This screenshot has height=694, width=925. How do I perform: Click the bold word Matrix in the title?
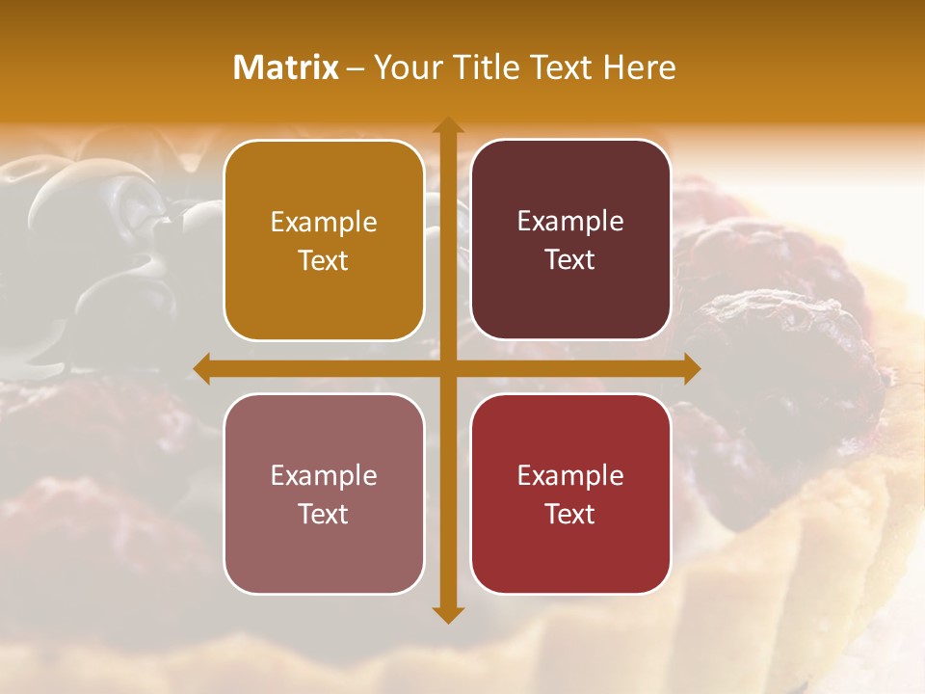pyautogui.click(x=286, y=67)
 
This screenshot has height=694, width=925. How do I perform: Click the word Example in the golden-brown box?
pyautogui.click(x=324, y=223)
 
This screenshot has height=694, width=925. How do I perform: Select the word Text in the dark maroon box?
pyautogui.click(x=570, y=260)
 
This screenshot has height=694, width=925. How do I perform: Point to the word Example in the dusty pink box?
pyautogui.click(x=324, y=475)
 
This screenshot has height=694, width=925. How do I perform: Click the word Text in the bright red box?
pyautogui.click(x=570, y=514)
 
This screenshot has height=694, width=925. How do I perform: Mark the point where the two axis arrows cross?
pyautogui.click(x=447, y=369)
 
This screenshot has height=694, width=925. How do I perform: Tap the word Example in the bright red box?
pyautogui.click(x=570, y=475)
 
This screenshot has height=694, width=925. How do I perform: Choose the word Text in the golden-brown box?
pyautogui.click(x=324, y=261)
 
